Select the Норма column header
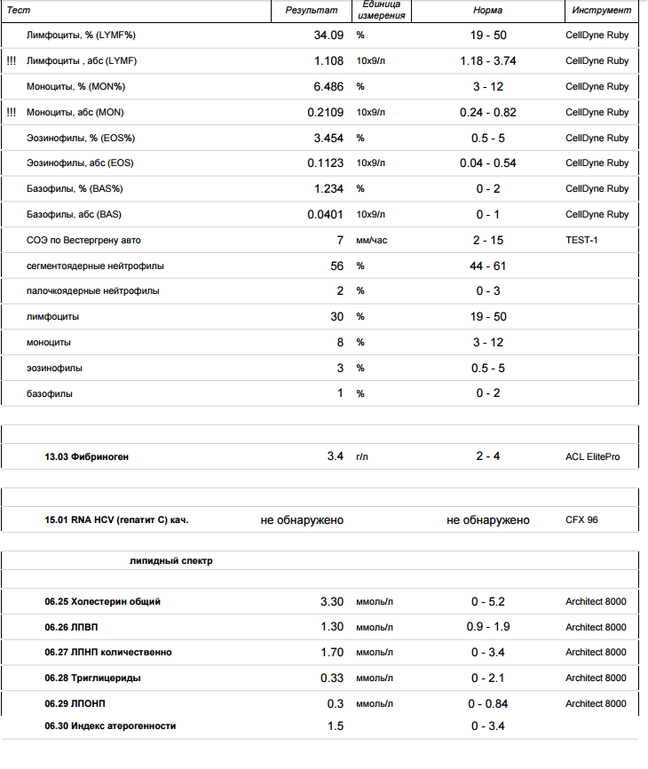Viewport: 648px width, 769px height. (487, 11)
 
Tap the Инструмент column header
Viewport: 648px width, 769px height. (602, 11)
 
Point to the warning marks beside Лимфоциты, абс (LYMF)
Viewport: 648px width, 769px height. (11, 61)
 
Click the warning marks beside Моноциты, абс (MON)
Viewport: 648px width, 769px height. (11, 113)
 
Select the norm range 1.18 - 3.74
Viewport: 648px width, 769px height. (487, 61)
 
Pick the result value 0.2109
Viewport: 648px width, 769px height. (325, 113)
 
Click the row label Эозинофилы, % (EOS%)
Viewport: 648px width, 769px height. (81, 139)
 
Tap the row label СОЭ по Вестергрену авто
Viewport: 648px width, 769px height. (83, 240)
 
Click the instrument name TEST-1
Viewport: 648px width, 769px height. (581, 240)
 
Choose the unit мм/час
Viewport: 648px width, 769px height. (372, 240)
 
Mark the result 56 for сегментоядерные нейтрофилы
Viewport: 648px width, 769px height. (336, 266)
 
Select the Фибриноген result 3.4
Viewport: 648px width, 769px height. (335, 456)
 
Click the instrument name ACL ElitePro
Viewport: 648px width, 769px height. (592, 456)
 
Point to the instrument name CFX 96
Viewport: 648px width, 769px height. (581, 519)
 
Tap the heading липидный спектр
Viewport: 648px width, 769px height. (170, 561)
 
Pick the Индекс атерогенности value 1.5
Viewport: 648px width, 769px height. (335, 726)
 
